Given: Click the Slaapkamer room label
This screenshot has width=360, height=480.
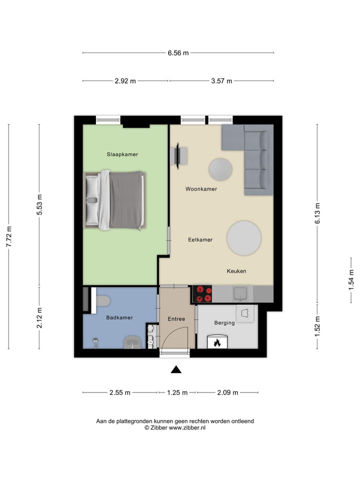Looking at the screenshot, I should click(x=122, y=154).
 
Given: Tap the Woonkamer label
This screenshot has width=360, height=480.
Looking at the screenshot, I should click(x=201, y=189).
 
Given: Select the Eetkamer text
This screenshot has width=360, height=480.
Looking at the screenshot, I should click(x=200, y=239).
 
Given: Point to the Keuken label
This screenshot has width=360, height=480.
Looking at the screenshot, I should click(x=236, y=271).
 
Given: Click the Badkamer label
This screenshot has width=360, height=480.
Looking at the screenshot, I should click(x=119, y=317).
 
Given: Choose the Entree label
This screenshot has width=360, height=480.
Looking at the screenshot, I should click(x=176, y=319).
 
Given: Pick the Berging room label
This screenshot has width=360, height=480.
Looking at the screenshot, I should click(x=224, y=323).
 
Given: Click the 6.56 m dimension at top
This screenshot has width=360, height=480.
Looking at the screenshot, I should click(x=178, y=53).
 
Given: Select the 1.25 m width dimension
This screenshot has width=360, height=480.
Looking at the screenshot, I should click(x=177, y=393).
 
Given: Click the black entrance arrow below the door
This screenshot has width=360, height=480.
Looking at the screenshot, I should click(x=175, y=369).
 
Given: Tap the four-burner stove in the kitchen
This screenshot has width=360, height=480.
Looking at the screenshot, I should click(x=202, y=294).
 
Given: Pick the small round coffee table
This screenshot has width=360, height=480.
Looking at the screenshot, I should click(x=220, y=169).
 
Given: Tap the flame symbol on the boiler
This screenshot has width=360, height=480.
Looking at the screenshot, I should click(x=217, y=343).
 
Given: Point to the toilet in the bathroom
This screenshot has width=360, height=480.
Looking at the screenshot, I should click(x=103, y=301).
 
